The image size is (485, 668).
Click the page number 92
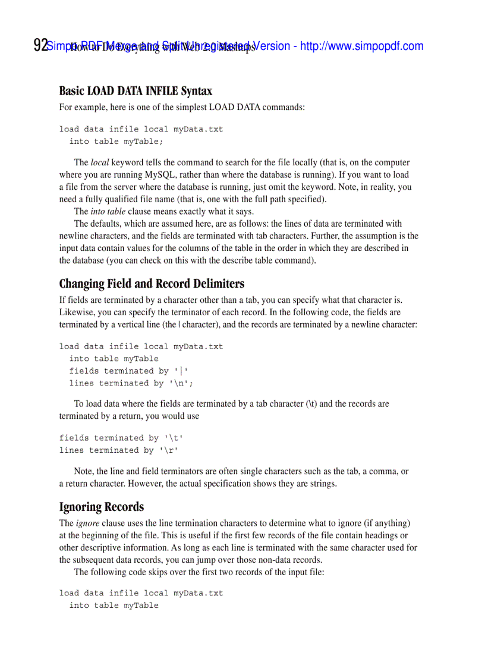tap(40, 46)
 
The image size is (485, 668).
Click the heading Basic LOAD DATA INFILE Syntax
tap(136, 91)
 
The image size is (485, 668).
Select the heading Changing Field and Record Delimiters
tap(152, 283)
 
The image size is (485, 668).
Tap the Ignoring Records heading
tap(101, 507)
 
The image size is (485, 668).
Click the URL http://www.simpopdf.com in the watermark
tap(361, 46)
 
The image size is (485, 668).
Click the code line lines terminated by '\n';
tap(131, 384)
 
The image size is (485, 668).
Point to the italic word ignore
tap(87, 523)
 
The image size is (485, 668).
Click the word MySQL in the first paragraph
tap(161, 175)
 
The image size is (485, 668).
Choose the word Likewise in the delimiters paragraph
tap(75, 312)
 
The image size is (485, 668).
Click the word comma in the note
tap(388, 472)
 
